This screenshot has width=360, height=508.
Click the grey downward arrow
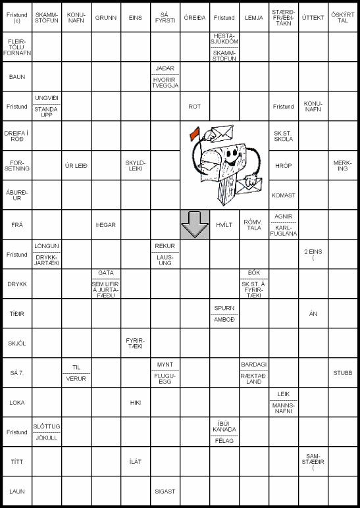click(195, 225)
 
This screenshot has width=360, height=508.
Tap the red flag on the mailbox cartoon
click(195, 134)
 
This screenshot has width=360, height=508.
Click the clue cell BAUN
click(17, 76)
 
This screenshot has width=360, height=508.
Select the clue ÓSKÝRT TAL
click(343, 18)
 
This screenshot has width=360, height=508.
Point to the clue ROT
click(195, 106)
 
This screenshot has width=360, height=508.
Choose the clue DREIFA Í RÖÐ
click(17, 136)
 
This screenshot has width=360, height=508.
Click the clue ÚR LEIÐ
click(76, 165)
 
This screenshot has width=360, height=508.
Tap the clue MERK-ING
click(343, 165)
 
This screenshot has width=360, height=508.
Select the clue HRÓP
click(284, 166)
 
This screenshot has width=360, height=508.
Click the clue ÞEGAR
click(106, 224)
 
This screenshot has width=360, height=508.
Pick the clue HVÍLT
click(224, 224)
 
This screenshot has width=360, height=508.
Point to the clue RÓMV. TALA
click(253, 224)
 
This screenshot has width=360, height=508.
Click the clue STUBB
click(343, 372)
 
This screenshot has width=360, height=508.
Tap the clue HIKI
click(136, 402)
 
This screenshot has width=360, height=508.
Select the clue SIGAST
click(165, 491)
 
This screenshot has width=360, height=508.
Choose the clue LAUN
click(17, 491)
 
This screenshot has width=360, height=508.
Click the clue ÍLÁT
click(136, 461)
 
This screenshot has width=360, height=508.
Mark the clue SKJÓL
click(17, 343)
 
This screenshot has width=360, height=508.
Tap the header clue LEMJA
click(253, 18)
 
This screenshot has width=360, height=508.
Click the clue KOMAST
click(284, 195)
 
